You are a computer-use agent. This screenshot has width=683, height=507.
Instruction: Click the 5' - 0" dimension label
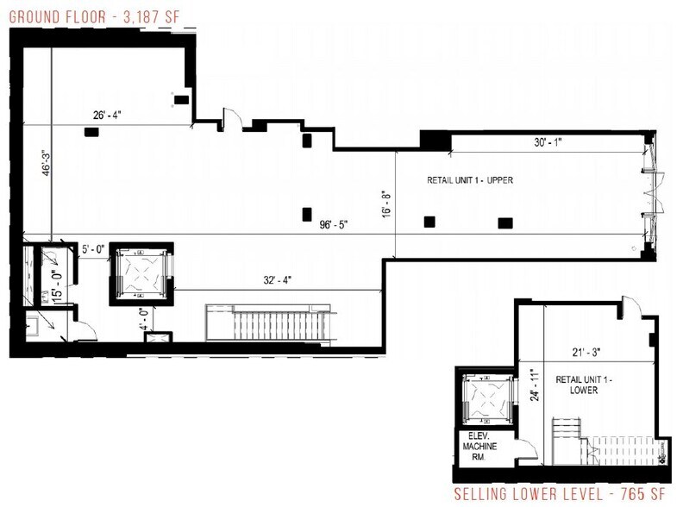coord(92,250)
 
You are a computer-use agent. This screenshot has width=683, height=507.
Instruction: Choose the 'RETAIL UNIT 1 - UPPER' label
coord(470,181)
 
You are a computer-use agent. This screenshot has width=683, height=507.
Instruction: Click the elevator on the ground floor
coord(141,274)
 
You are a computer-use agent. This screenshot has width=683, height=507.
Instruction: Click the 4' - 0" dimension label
coord(146,317)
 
